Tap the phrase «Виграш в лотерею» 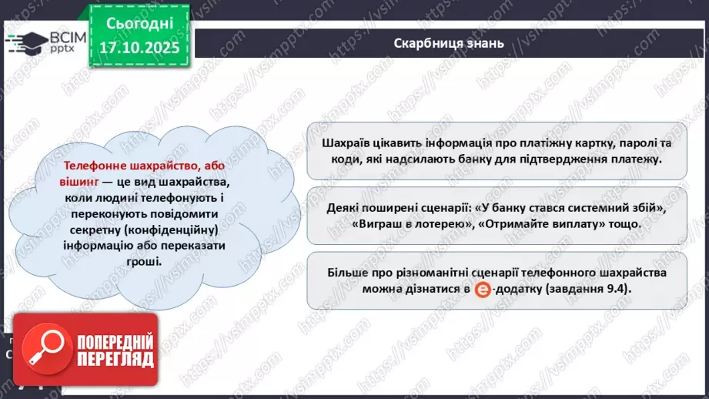coord(402,224)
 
